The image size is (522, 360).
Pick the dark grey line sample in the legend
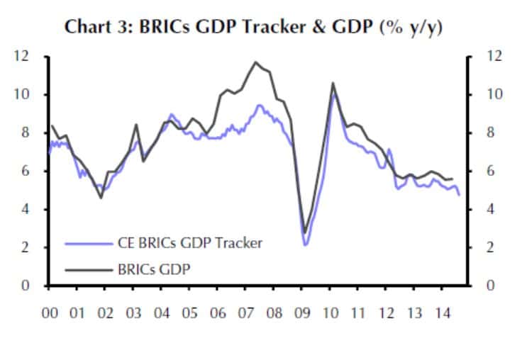click(87, 269)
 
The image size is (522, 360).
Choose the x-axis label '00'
click(50, 312)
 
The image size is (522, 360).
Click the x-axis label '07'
click(245, 312)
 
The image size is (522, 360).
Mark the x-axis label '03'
click(133, 312)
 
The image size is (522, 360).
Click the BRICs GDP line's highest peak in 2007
click(255, 62)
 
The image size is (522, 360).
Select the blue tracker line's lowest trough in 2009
click(305, 245)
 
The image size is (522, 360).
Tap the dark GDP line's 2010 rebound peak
click(333, 83)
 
